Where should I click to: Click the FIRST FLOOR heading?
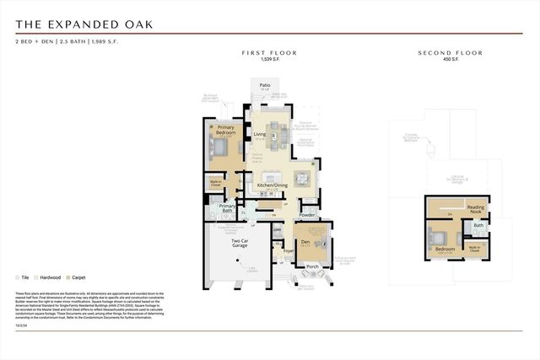point(269,53)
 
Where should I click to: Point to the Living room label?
point(260,134)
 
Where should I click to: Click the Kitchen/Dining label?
point(273,185)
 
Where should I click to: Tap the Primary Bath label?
point(226,208)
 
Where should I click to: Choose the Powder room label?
point(306,215)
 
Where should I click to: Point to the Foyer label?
point(287,250)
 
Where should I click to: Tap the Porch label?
point(312,266)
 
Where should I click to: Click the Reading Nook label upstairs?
point(476,209)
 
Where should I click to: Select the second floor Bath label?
point(478,225)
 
